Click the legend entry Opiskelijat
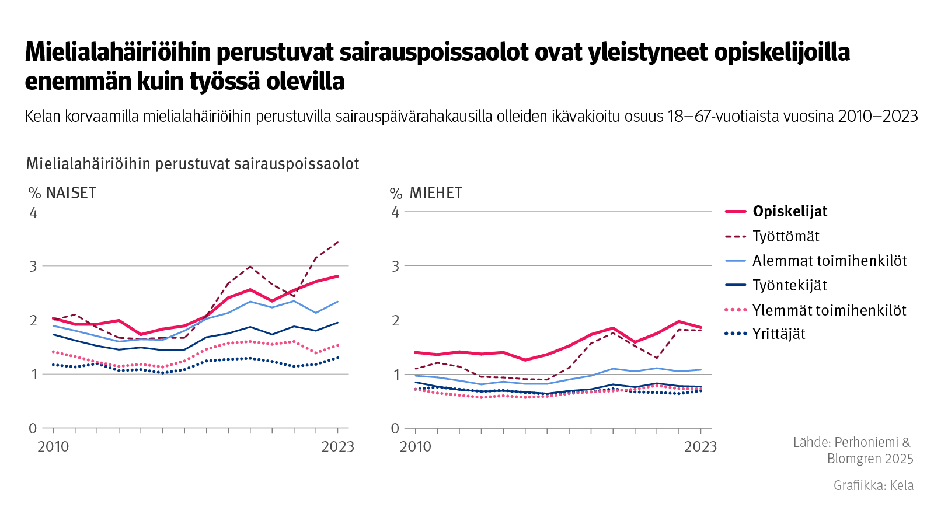click(789, 212)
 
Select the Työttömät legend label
click(785, 236)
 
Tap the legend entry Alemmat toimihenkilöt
click(829, 261)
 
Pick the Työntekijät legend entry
click(789, 285)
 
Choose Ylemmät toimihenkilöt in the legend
click(829, 310)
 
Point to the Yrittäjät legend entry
click(779, 334)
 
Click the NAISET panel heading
click(71, 193)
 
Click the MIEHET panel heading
click(435, 193)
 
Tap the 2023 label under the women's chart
click(337, 447)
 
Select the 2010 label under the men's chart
click(415, 447)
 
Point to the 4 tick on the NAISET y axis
click(33, 212)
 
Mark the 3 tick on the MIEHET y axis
click(395, 266)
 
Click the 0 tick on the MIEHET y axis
click(395, 428)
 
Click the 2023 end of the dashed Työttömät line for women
click(338, 242)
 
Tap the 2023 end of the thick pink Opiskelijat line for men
click(700, 327)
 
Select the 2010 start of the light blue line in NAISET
click(54, 326)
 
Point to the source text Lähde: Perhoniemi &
click(851, 442)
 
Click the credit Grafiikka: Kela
click(873, 485)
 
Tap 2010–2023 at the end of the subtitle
click(877, 117)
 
